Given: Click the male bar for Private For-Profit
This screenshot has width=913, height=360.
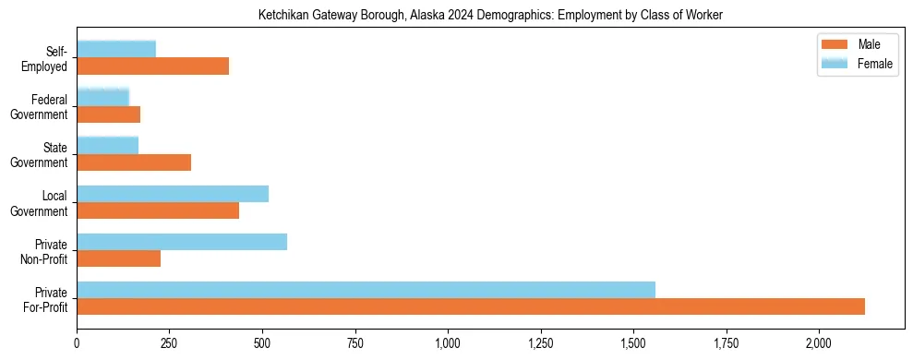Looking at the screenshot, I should coord(471,306).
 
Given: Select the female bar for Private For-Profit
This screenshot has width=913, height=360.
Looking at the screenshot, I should coord(366,290).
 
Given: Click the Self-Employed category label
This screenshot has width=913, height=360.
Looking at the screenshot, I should coord(47,58).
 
